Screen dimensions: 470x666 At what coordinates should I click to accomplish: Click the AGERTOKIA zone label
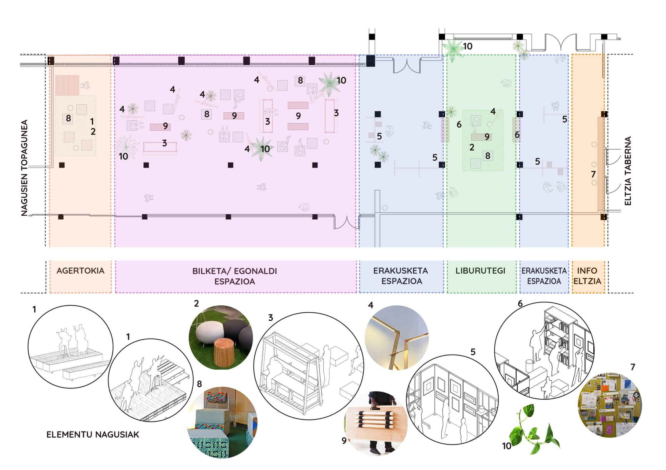(x=80, y=271)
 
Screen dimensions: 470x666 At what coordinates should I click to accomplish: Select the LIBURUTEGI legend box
(x=481, y=276)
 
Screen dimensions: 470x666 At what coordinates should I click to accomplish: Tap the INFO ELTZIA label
(x=587, y=276)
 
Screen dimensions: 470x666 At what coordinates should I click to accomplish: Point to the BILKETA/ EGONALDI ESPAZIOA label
(x=235, y=276)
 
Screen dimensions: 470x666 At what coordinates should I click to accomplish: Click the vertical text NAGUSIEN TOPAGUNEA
(x=24, y=168)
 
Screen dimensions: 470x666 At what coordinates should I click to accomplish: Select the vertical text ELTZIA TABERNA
(x=628, y=171)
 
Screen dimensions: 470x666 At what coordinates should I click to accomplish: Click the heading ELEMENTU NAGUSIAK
(x=93, y=434)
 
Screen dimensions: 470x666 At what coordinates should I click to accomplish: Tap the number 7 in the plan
(x=593, y=174)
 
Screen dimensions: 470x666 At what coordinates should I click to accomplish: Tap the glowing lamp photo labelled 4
(x=396, y=337)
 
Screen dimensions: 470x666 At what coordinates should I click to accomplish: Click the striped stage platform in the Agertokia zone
(x=67, y=85)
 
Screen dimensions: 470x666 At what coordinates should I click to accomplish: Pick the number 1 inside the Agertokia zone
(x=92, y=121)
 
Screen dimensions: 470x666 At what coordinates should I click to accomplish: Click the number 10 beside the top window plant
(x=468, y=46)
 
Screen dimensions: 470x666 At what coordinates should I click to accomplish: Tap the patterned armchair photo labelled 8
(x=222, y=423)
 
